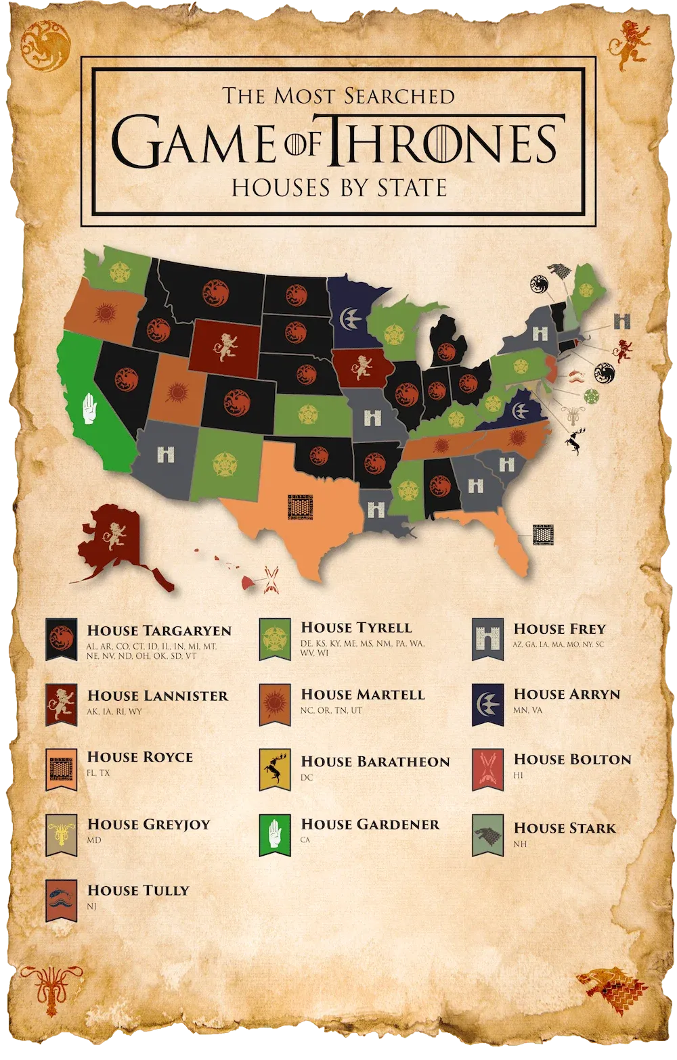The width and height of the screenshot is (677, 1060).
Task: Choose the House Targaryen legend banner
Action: click(x=60, y=639)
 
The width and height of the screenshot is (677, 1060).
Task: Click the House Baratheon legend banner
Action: click(x=274, y=770)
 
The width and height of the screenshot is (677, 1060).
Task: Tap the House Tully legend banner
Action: click(x=60, y=900)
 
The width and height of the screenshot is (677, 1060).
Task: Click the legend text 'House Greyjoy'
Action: click(x=148, y=825)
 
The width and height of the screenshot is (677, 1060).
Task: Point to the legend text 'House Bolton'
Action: click(x=572, y=760)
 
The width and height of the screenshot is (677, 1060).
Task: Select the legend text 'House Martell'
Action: click(x=363, y=695)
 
